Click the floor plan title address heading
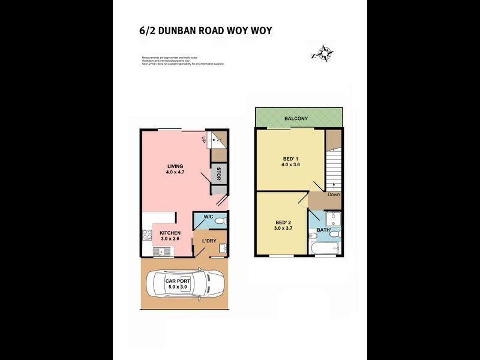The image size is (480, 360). click(205, 31)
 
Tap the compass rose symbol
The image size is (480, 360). click(323, 54)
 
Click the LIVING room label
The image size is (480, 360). click(175, 166)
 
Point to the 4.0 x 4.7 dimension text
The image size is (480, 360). click(175, 173)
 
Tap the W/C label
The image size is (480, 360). click(208, 217)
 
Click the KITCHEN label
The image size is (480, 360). click(170, 232)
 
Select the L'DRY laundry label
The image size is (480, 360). click(209, 241)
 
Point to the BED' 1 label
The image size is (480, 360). click(290, 159)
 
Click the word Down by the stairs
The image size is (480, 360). click(334, 194)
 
